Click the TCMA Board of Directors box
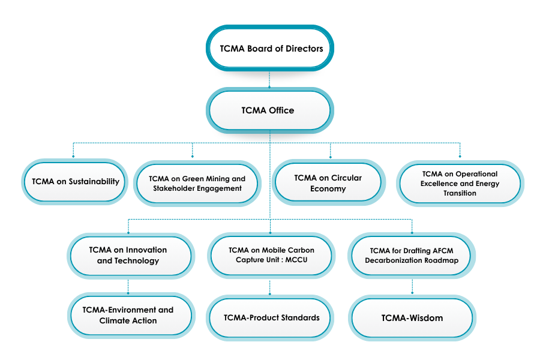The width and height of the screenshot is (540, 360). pos(269,49)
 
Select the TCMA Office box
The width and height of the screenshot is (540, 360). pos(269,110)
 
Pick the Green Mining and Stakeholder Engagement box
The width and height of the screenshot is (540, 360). pos(197,183)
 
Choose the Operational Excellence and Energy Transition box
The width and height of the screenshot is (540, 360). pos(460,184)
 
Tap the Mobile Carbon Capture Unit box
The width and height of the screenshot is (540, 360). pos(271,255)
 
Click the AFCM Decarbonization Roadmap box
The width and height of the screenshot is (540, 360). pos(412,255)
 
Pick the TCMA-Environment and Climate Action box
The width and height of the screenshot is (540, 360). pos(128,316)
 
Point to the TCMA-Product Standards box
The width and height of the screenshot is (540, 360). pos(271,317)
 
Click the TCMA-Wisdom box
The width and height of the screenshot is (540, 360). pos(412,318)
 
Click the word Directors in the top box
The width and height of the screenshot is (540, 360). pos(302,49)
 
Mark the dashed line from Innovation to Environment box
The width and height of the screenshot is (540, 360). pos(128,286)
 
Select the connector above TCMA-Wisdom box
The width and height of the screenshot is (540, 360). pos(412,286)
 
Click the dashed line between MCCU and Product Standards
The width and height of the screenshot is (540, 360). pos(270,286)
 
